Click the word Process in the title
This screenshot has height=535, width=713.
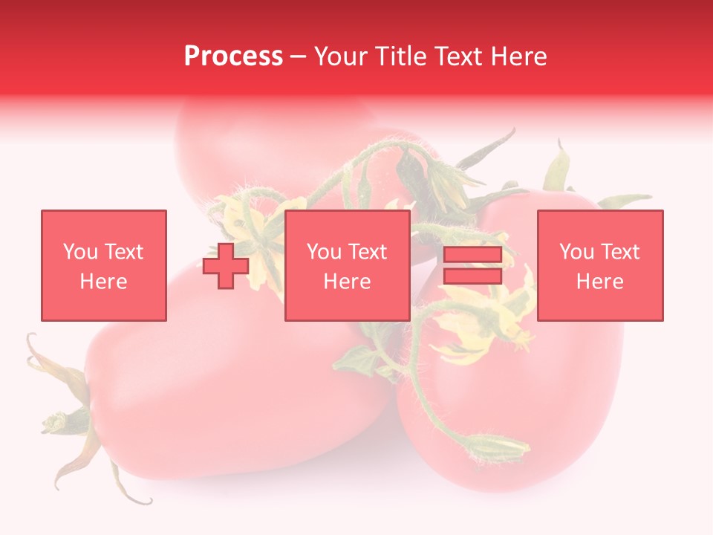(x=233, y=56)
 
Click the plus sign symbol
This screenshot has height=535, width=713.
(x=226, y=266)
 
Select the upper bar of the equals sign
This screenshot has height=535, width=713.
(x=472, y=256)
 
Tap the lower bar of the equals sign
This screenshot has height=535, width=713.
(x=472, y=276)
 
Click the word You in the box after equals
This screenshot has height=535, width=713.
(x=576, y=252)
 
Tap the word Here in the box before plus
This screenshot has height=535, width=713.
(x=103, y=282)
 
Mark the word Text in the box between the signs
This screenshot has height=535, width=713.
(x=368, y=252)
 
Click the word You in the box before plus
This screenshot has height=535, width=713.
(x=80, y=252)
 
